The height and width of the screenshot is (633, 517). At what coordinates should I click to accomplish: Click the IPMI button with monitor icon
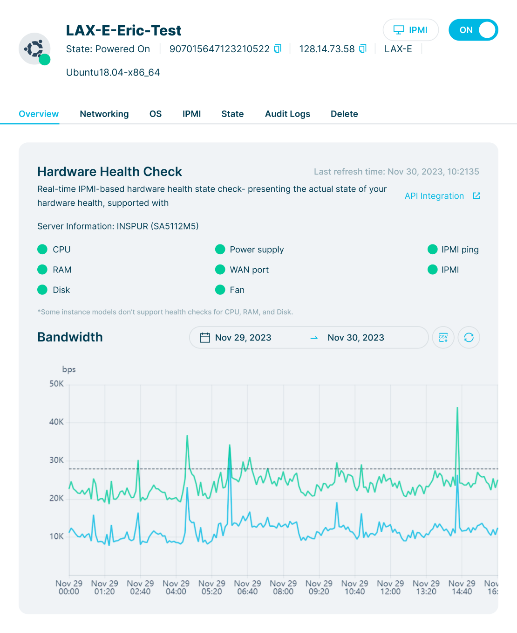tap(410, 30)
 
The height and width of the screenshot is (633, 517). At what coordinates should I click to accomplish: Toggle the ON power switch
tap(473, 30)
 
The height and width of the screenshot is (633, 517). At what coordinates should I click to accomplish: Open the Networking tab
tap(104, 114)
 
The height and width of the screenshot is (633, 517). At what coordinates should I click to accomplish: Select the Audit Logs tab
tap(287, 114)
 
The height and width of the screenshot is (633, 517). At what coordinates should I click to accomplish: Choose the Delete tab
tap(344, 114)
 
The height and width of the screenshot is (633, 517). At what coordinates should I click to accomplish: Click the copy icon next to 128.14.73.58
tap(363, 49)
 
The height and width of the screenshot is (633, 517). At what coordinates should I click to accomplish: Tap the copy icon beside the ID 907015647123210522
tap(278, 49)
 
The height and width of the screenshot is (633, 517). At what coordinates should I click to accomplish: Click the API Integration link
tap(434, 196)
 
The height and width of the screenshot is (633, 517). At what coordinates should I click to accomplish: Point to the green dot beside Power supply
tap(220, 250)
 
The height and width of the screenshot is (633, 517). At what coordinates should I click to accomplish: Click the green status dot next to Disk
tap(42, 290)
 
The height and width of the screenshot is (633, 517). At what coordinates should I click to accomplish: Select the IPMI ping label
tap(460, 250)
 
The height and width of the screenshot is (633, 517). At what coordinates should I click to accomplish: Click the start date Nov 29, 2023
tap(243, 338)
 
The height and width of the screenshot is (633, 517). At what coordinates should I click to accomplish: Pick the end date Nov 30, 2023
tap(356, 338)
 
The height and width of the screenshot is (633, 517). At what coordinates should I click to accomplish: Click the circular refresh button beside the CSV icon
tap(469, 337)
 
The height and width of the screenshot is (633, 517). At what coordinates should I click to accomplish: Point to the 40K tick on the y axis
tap(57, 422)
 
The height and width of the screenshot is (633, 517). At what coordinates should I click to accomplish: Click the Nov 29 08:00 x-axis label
tap(283, 587)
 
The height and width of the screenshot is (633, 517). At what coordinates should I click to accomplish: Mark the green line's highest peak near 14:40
tap(457, 408)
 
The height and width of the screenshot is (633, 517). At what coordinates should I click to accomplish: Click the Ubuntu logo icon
tap(34, 49)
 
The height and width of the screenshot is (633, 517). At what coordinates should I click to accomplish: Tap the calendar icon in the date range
tap(205, 338)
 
